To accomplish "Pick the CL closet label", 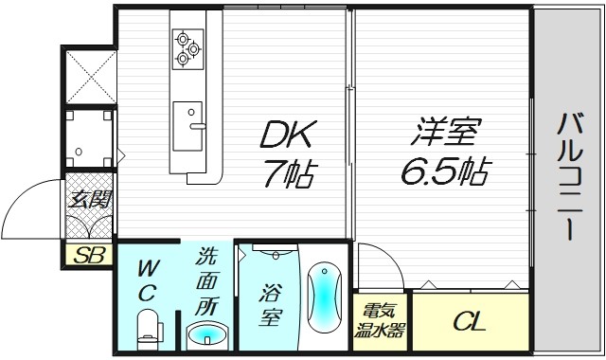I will (469, 322).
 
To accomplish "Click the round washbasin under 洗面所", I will (207, 335).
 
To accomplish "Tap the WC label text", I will (146, 279).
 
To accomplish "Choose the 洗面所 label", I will (207, 280).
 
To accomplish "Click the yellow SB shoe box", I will (88, 255).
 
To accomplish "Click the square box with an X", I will (90, 73).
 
